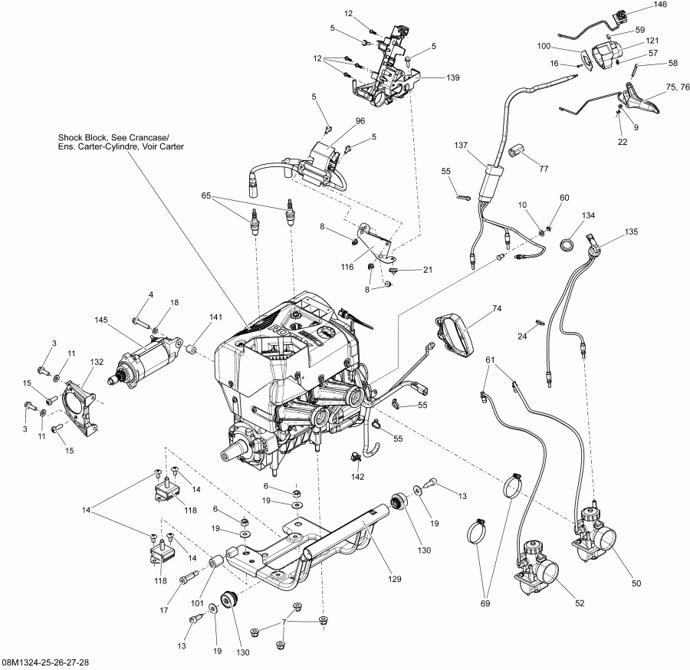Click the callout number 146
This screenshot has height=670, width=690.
click(x=659, y=5)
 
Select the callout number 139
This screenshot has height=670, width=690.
click(x=432, y=78)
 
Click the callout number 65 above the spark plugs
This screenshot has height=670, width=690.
click(x=205, y=196)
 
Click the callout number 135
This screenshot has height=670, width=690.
click(x=630, y=231)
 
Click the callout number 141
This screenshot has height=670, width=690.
click(x=215, y=317)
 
